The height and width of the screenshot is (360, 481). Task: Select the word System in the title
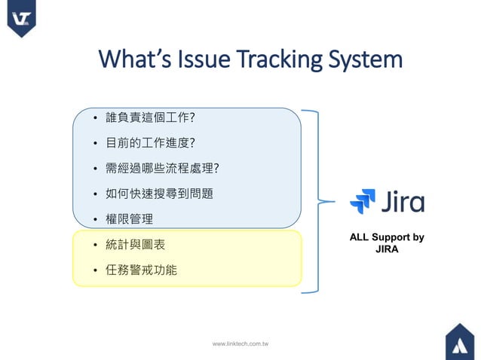[x=369, y=59]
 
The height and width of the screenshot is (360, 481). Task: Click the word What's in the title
[x=134, y=59]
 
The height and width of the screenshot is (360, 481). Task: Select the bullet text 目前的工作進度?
[x=150, y=142]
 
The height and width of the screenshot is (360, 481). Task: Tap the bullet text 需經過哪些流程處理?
[x=156, y=168]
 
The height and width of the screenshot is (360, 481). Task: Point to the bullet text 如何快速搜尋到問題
[x=159, y=194]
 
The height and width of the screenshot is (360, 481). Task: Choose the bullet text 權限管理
[x=129, y=219]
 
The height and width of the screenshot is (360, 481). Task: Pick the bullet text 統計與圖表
[x=135, y=245]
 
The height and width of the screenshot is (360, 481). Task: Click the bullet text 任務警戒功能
[x=141, y=270]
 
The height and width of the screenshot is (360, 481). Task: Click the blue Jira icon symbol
[x=363, y=202]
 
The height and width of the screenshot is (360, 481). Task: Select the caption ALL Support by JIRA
[x=387, y=243]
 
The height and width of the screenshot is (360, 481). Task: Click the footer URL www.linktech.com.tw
[x=240, y=343]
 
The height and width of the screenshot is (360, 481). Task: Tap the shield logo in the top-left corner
[x=21, y=18]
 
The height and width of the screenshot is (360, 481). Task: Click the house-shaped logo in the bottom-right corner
[x=459, y=341]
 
